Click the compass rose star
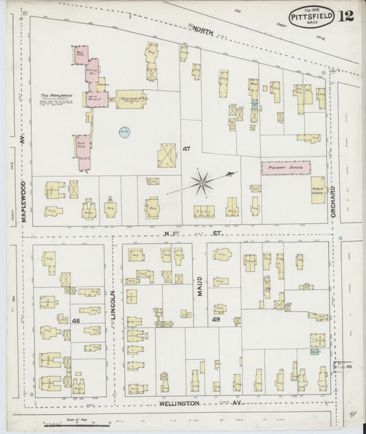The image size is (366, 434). coord(202,182)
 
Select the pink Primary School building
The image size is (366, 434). coord(285,165)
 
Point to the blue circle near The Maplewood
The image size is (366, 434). coord(124,132)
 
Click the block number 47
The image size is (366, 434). coord(186,148)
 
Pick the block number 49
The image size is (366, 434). coord(216,319)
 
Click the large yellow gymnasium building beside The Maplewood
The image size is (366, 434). coord(130,100)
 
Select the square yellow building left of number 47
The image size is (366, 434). coord(166,155)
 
